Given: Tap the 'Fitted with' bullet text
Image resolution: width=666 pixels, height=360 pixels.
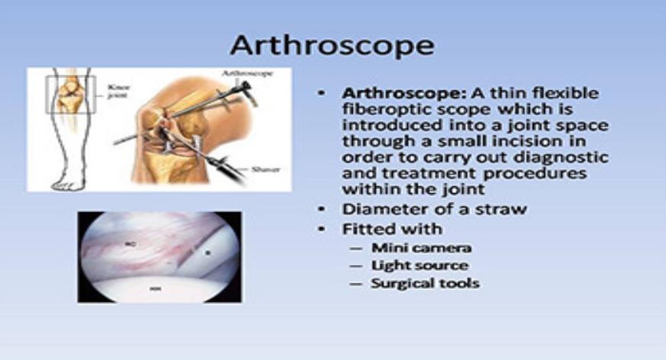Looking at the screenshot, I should (392, 228).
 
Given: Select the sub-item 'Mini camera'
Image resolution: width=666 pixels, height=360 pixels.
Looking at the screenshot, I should (421, 247).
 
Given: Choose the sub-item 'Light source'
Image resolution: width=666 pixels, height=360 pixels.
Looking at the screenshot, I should (420, 265).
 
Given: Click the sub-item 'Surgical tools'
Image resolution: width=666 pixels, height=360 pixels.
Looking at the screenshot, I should (425, 283).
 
